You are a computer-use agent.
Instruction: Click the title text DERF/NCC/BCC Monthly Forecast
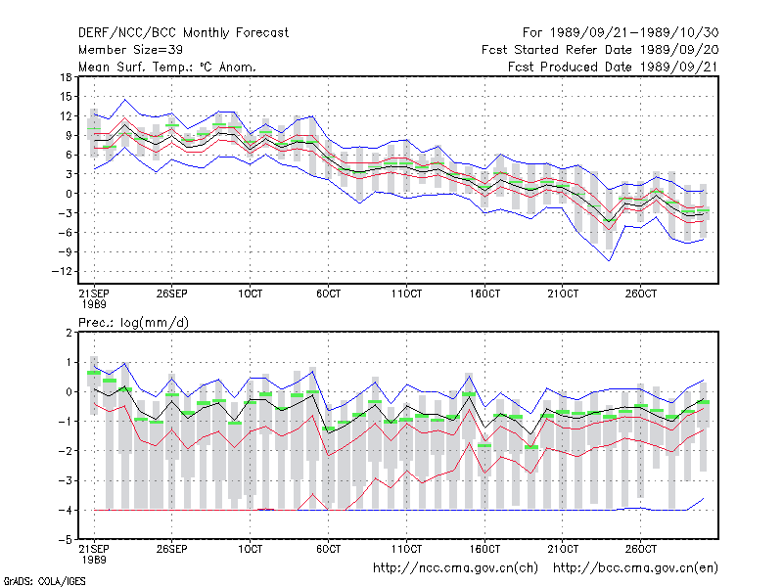pos(183,33)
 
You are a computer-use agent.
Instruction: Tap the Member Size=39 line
pos(130,50)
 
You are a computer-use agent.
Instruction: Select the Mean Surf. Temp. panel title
pos(167,67)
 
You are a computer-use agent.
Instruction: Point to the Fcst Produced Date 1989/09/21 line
pos(613,67)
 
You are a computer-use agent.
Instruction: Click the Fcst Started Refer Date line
pos(600,50)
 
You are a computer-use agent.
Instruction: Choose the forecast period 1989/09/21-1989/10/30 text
pos(621,33)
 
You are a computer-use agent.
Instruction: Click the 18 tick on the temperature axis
pos(66,77)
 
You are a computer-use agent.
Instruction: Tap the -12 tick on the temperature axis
pos(62,272)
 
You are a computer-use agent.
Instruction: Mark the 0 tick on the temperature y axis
pos(69,194)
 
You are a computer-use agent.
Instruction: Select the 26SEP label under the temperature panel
pos(172,293)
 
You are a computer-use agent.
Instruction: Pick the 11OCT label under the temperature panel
pos(406,293)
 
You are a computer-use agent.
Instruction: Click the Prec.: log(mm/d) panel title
pos(133,323)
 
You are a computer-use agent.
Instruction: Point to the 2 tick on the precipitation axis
pos(69,333)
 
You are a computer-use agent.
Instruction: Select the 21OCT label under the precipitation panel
pos(563,549)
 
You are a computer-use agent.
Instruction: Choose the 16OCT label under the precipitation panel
pos(484,549)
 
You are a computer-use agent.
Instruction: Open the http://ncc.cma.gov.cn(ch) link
pos(455,568)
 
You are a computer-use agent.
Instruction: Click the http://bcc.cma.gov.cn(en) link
pos(635,568)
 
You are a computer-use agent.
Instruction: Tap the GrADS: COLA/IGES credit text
pos(45,581)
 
